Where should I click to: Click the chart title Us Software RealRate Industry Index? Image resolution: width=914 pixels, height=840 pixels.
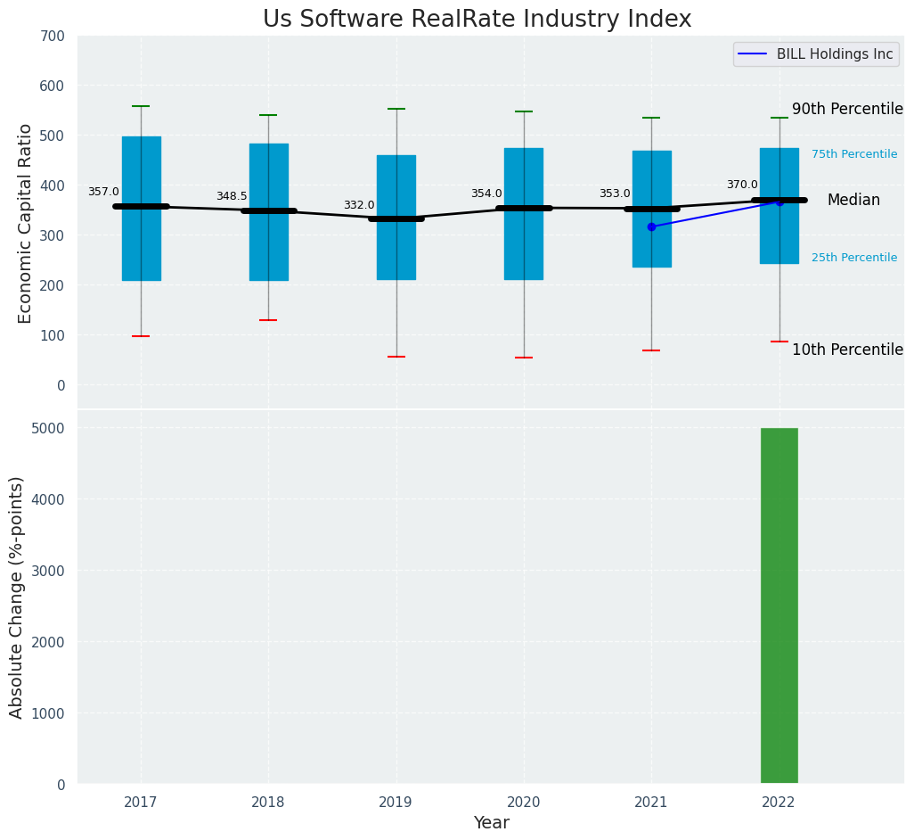tap(477, 20)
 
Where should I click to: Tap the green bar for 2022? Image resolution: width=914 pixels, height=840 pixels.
tap(779, 605)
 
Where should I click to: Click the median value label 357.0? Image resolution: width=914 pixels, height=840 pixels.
tap(103, 192)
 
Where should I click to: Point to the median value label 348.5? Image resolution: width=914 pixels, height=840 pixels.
tap(232, 196)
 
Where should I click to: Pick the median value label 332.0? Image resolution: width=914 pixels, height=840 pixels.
tap(359, 205)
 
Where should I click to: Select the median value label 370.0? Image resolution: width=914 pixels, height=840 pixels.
tap(742, 185)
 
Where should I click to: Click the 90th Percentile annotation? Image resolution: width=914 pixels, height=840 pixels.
tap(847, 109)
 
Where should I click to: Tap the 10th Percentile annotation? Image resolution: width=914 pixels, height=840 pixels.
tap(847, 350)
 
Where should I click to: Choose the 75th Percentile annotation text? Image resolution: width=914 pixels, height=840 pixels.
tap(854, 154)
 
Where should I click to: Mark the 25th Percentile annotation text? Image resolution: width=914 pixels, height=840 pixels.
tap(854, 258)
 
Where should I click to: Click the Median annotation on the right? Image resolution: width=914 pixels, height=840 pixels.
tap(853, 201)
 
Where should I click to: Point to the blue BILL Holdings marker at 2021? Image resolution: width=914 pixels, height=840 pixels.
tap(651, 226)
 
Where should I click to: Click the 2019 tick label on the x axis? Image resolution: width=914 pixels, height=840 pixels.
tap(396, 802)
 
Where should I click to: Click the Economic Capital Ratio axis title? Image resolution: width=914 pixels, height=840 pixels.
tap(26, 223)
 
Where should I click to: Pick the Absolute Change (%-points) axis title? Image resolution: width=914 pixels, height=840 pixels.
tap(17, 597)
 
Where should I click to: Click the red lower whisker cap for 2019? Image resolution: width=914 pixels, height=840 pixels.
tap(396, 357)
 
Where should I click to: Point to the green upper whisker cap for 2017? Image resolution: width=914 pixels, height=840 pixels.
tap(141, 106)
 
